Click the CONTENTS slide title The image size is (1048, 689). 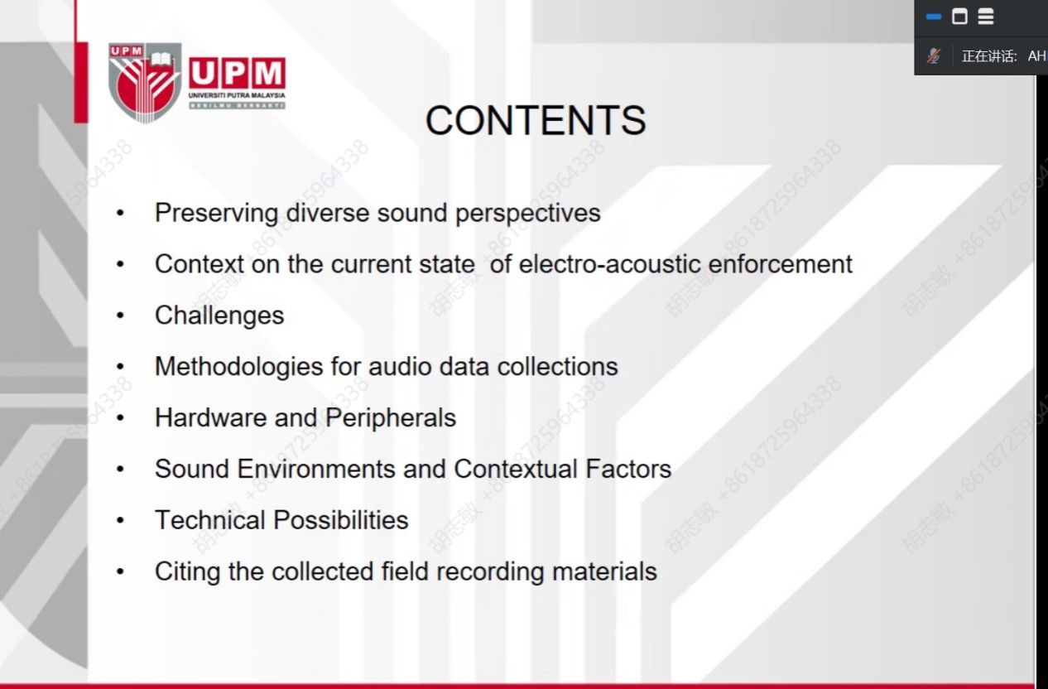coord(536,120)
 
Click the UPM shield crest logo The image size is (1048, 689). coord(145,82)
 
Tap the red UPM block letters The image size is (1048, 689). coord(238,73)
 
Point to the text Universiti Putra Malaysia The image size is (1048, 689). coord(237,95)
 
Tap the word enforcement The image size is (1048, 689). coord(780,264)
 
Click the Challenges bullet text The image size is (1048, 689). coord(219,316)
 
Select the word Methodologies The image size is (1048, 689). coord(238,367)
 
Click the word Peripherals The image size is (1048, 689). coord(390,418)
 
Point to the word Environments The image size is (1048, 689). coord(316,469)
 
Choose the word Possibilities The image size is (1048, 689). coord(340,520)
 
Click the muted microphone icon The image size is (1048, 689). coord(934,56)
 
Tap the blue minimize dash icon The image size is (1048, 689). coord(934,17)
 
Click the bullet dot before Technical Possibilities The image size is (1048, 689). coord(120,520)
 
